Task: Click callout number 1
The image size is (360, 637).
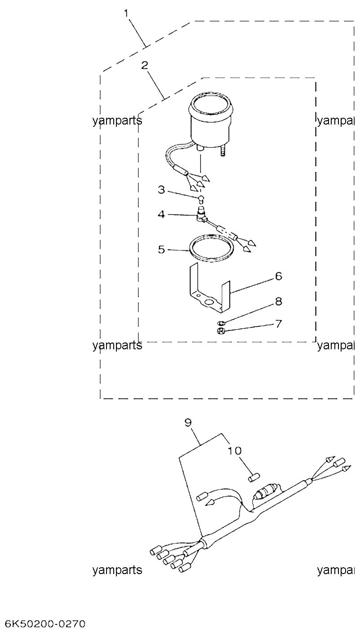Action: tap(126, 13)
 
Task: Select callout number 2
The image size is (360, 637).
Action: tap(145, 65)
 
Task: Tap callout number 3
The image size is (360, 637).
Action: tap(161, 190)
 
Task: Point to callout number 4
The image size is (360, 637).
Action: tap(161, 214)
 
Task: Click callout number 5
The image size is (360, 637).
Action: tap(161, 249)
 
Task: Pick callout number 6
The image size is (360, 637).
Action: tap(278, 276)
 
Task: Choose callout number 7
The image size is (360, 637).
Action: tap(278, 324)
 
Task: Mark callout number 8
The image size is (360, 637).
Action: tap(278, 302)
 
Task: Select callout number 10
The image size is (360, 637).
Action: tap(235, 450)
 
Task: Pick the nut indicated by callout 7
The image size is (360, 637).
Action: tap(221, 331)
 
